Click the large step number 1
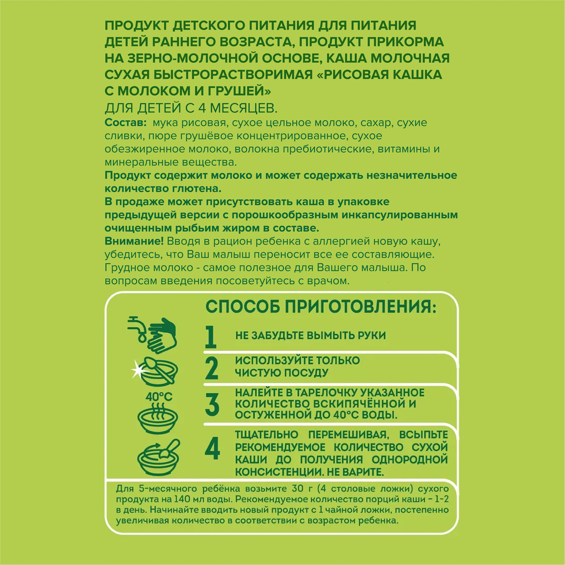click(x=210, y=337)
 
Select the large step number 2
click(x=211, y=368)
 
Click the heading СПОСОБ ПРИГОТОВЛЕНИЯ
click(x=316, y=306)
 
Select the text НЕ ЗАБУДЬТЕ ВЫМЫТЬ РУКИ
click(x=310, y=335)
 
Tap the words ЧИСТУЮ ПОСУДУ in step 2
click(x=282, y=373)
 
